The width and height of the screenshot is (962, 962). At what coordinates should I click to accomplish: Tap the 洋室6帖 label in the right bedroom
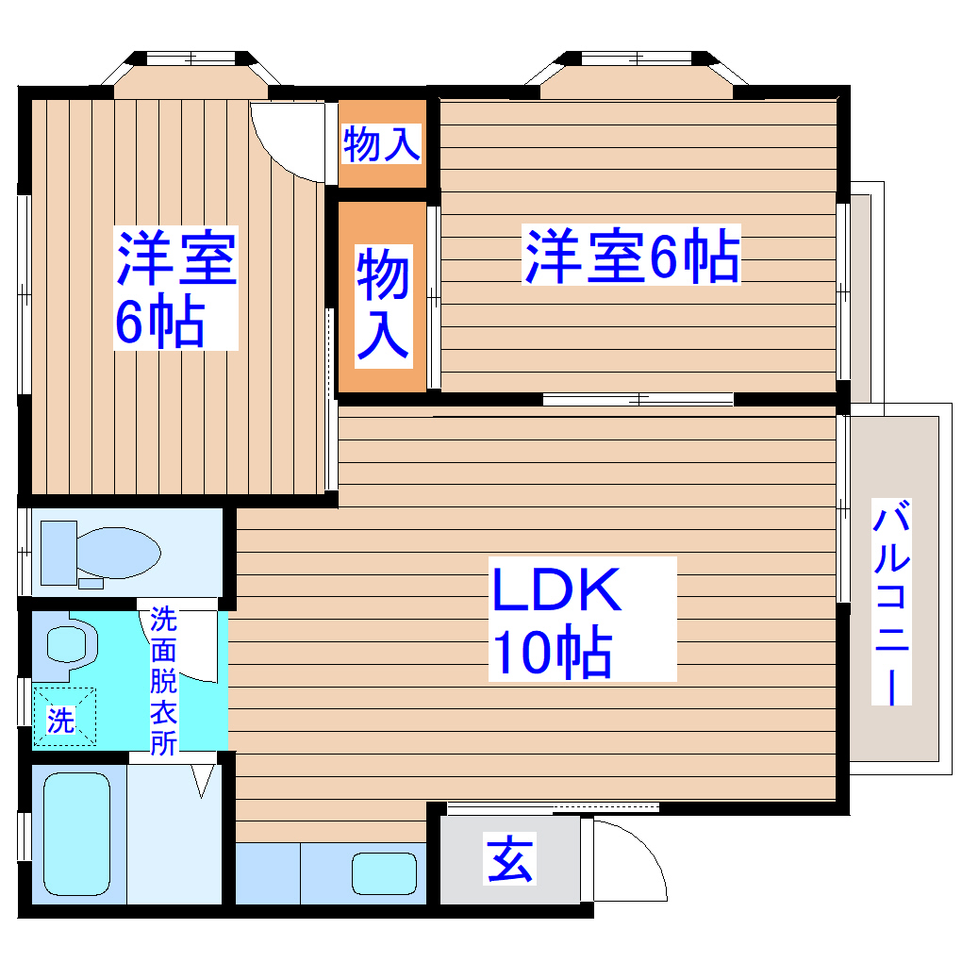(x=632, y=255)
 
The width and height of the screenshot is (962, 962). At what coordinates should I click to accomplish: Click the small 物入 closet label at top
(x=381, y=144)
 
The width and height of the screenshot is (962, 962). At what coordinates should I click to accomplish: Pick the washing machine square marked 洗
(x=64, y=717)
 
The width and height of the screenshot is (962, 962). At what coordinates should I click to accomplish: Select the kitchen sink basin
(x=384, y=874)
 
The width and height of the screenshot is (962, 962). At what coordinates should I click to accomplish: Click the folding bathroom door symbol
(x=202, y=781)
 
